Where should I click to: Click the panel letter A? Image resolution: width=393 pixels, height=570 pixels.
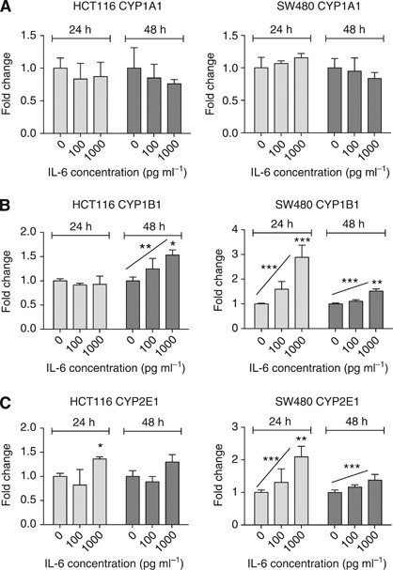[7, 8]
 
